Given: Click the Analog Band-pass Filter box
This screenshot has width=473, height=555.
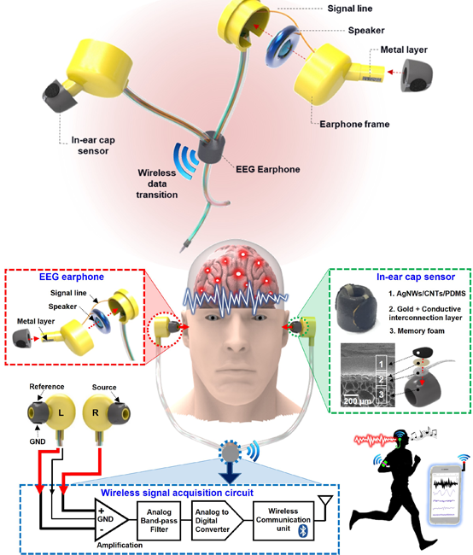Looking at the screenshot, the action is tap(159, 520).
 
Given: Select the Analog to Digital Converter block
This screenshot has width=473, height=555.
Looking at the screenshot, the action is tap(217, 520).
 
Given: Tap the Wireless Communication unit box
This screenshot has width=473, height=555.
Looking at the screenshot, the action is tap(283, 520).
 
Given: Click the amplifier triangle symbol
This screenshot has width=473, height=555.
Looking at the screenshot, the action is tap(111, 519).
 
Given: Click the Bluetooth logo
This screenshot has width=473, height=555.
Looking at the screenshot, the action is tap(303, 531).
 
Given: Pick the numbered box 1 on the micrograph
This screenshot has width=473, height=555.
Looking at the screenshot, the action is tap(381, 364).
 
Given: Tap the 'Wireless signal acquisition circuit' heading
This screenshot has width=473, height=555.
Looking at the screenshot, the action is tap(177, 493).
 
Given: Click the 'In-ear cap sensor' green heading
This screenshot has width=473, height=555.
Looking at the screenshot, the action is tap(416, 277).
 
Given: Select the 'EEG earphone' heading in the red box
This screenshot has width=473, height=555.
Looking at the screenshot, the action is tap(72, 277).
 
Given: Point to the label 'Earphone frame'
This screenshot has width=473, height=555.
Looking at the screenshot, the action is tap(354, 125).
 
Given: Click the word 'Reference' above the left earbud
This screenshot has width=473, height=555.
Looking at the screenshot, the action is tap(47, 387).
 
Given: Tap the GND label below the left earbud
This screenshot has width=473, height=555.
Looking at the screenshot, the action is tap(38, 441).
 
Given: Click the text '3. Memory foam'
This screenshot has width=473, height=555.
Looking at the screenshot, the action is tap(417, 331).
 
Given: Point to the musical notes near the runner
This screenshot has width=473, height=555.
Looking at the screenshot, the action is tap(425, 433).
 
